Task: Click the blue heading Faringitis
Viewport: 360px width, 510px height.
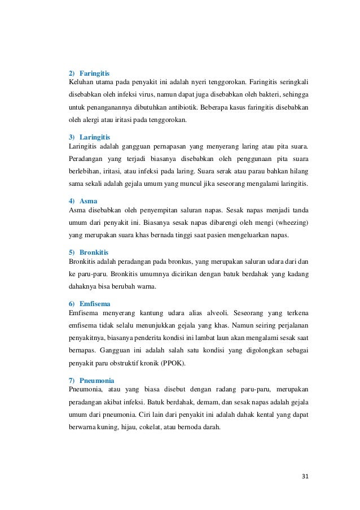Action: coord(94,73)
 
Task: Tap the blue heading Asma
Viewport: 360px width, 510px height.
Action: coord(88,200)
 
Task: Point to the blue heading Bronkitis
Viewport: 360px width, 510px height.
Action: coord(94,252)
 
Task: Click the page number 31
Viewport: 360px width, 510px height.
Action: coord(305,476)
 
